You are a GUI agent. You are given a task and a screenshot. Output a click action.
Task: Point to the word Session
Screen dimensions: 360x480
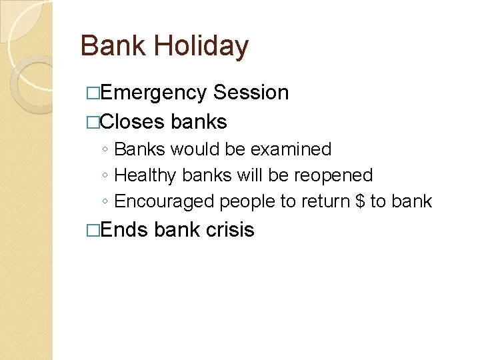[x=251, y=93]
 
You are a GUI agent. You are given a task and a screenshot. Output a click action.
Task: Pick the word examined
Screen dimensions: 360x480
[x=291, y=149]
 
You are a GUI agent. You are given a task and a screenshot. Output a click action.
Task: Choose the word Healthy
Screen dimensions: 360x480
[x=137, y=175]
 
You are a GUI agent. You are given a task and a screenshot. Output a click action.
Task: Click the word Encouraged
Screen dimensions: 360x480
[x=164, y=201]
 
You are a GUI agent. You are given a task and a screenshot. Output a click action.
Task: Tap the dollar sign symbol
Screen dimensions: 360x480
[x=360, y=201]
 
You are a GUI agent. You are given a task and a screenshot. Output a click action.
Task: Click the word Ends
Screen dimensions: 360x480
[x=125, y=230]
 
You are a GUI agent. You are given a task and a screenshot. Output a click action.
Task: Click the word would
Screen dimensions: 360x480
[x=195, y=149]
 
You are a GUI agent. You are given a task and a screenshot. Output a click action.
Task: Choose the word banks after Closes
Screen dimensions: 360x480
[x=199, y=122]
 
